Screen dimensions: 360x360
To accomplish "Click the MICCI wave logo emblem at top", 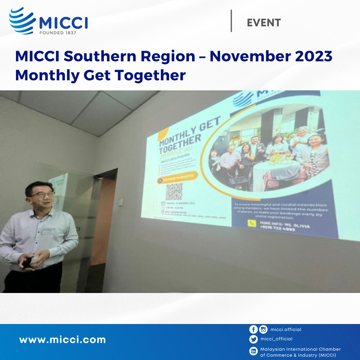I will (x=22, y=21).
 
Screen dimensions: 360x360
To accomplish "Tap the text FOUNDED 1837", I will (x=58, y=33).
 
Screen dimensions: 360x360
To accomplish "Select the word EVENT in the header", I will (x=264, y=23).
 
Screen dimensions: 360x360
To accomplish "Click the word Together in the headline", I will (x=150, y=75).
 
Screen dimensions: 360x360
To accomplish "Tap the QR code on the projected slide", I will (x=174, y=191).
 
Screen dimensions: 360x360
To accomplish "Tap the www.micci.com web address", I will (x=62, y=340).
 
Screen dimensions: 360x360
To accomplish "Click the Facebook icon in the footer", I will (x=253, y=330).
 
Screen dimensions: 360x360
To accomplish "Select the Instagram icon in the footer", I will (x=263, y=330).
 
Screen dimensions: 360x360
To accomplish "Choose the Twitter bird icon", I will (x=253, y=339).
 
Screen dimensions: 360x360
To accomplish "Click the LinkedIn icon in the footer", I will (x=253, y=351).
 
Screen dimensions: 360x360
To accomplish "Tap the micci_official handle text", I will (x=276, y=339).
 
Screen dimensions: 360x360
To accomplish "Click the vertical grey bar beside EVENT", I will (x=231, y=21).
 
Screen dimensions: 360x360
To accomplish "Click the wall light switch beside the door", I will (x=121, y=202).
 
